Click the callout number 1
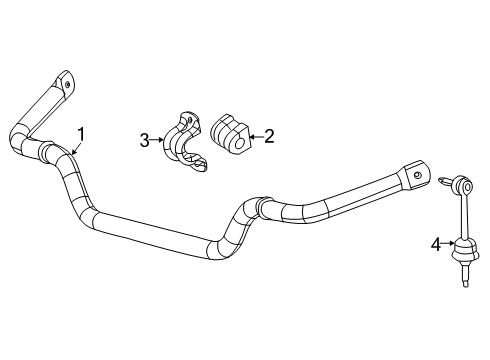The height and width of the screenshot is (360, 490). pos(81,133)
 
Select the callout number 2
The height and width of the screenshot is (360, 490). pos(267,138)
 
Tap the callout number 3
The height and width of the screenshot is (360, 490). pos(145,141)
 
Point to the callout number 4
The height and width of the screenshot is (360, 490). pos(436,242)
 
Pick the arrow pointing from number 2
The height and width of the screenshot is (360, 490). pos(253,138)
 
